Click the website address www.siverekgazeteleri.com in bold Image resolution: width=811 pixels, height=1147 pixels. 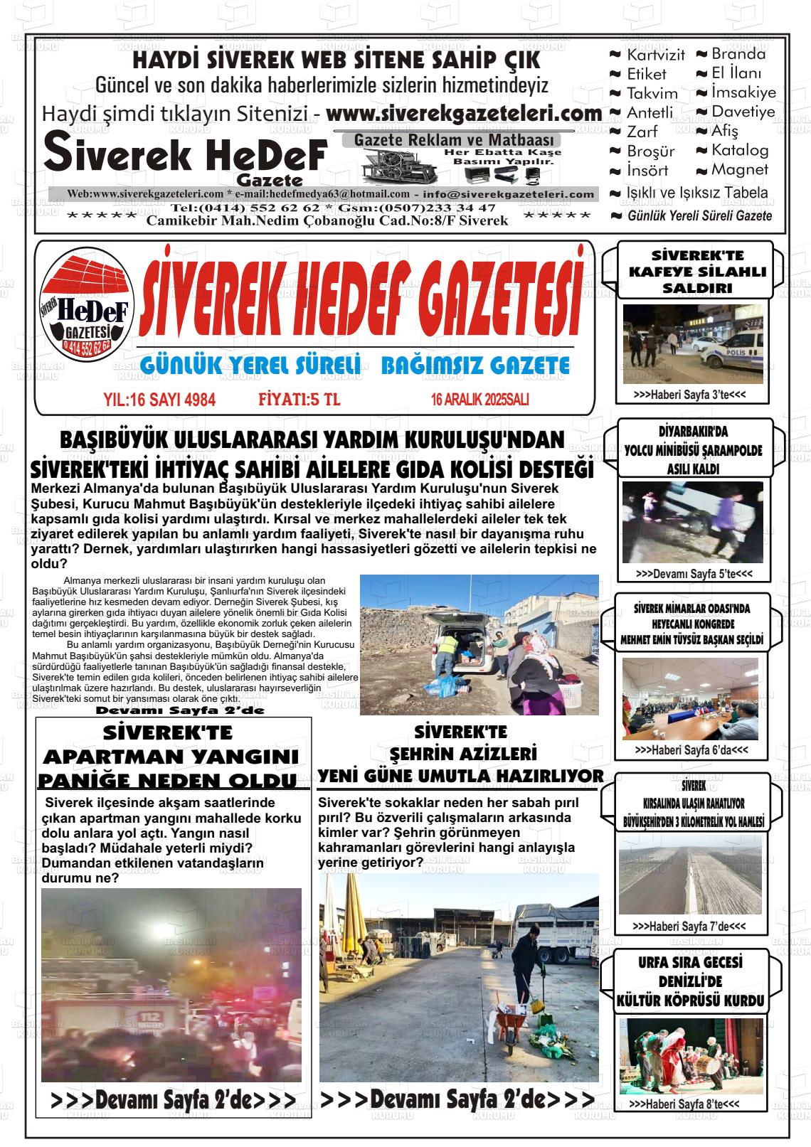(464, 114)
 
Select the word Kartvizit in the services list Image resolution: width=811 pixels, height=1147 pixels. (655, 55)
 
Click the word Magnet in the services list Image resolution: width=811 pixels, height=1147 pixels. (740, 170)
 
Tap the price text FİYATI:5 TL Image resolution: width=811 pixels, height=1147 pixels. (300, 400)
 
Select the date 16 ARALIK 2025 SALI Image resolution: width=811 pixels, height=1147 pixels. (479, 400)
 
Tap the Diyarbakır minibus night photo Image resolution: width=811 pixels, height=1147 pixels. (691, 522)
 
